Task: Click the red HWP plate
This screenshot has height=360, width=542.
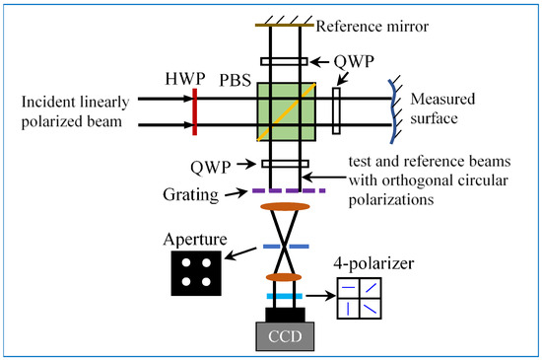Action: pos(195,111)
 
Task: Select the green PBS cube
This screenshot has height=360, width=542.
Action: pos(286,111)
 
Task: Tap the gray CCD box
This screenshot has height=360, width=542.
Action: pos(285,336)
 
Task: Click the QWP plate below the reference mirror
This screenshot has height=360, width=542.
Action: pos(284,61)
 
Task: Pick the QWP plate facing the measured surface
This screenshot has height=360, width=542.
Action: pos(336,110)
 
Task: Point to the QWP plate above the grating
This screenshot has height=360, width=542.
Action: pos(285,164)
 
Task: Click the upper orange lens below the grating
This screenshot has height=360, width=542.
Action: pos(285,207)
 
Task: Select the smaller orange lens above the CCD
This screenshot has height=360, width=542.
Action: pos(284,277)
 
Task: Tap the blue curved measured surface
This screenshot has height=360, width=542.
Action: pos(392,111)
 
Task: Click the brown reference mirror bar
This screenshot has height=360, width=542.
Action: pos(285,25)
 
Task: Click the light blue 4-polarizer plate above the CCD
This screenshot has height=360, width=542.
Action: pos(285,296)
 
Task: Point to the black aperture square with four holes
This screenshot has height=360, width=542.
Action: pos(196,273)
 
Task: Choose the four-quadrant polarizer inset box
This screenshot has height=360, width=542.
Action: pos(360,298)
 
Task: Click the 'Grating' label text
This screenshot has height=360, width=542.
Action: pos(190,195)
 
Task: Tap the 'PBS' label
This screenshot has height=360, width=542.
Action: pos(236,80)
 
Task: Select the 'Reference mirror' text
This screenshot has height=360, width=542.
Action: pos(373,27)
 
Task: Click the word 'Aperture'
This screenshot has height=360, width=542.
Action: pos(195,240)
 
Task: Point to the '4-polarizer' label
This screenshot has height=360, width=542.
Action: pos(373,264)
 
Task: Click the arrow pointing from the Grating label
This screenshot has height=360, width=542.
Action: pos(237,193)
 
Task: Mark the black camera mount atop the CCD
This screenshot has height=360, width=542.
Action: pos(285,315)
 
